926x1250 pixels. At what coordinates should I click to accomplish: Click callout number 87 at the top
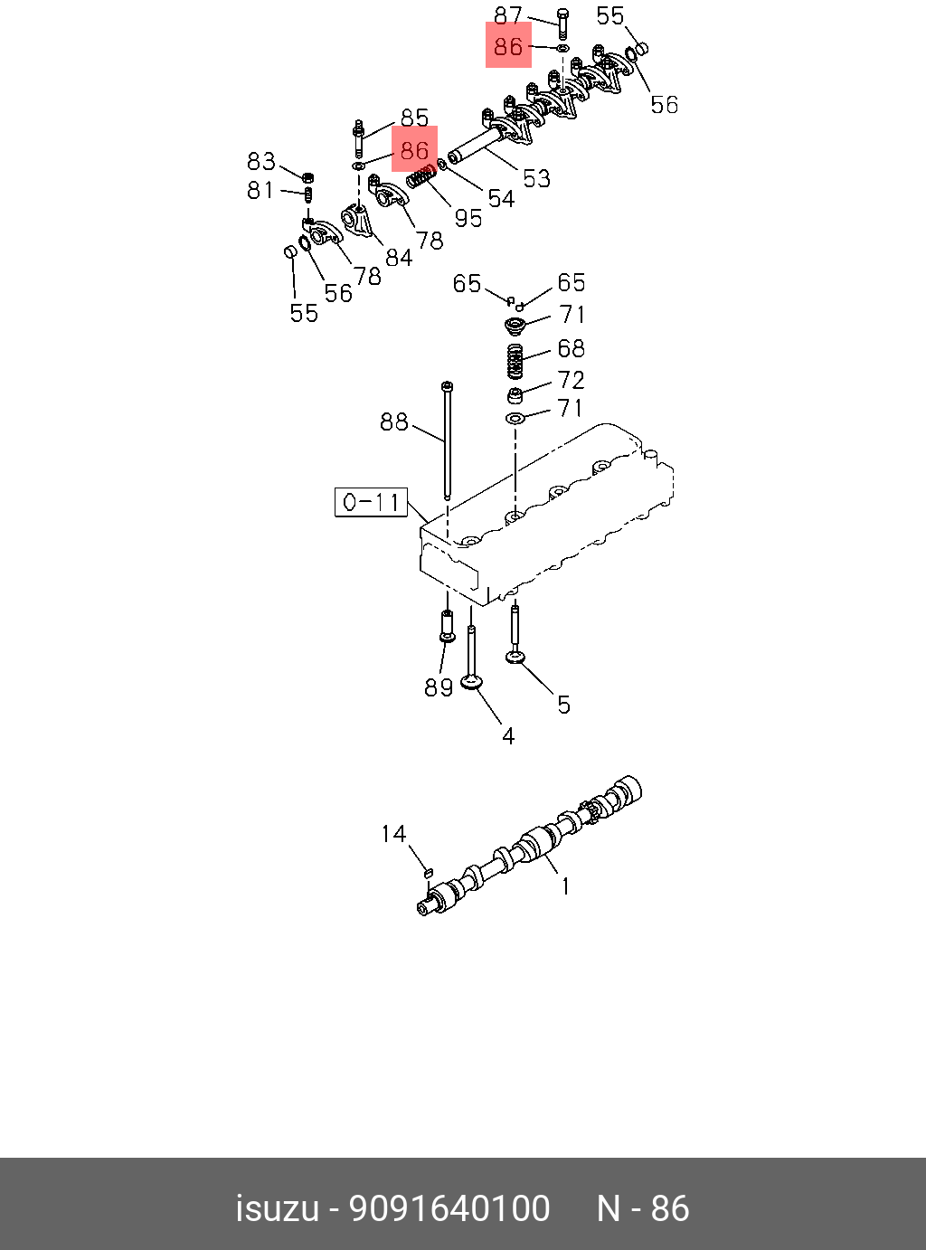coord(508,16)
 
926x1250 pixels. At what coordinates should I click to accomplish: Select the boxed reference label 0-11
coord(372,502)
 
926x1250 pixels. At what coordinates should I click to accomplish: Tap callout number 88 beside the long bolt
coord(393,422)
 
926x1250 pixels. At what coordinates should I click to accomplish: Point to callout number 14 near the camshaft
coord(393,834)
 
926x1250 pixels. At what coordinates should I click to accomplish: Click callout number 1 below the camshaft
coord(566,886)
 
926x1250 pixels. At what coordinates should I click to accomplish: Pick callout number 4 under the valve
coord(508,737)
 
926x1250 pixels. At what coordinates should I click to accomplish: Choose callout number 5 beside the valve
coord(563,705)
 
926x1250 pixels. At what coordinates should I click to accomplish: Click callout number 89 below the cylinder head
coord(439,687)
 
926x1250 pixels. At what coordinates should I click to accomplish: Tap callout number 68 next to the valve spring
coord(571,349)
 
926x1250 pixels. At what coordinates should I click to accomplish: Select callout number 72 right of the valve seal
coord(571,380)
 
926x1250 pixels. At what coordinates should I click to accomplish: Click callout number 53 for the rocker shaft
coord(536,178)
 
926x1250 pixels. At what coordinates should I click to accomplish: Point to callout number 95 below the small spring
coord(468,218)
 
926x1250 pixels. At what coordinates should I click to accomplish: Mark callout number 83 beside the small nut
coord(261,162)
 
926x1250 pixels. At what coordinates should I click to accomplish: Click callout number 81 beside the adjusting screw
coord(260,190)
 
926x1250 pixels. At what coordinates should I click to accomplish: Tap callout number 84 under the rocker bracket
coord(399,258)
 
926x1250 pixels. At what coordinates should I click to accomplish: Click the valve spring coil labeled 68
coord(515,361)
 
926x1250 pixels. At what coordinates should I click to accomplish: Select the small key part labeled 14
coord(428,872)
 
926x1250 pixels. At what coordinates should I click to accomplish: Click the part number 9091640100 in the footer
coord(449,1208)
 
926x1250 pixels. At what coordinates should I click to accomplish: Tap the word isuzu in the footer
coord(278,1208)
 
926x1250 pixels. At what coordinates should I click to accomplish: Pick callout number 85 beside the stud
coord(414,118)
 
